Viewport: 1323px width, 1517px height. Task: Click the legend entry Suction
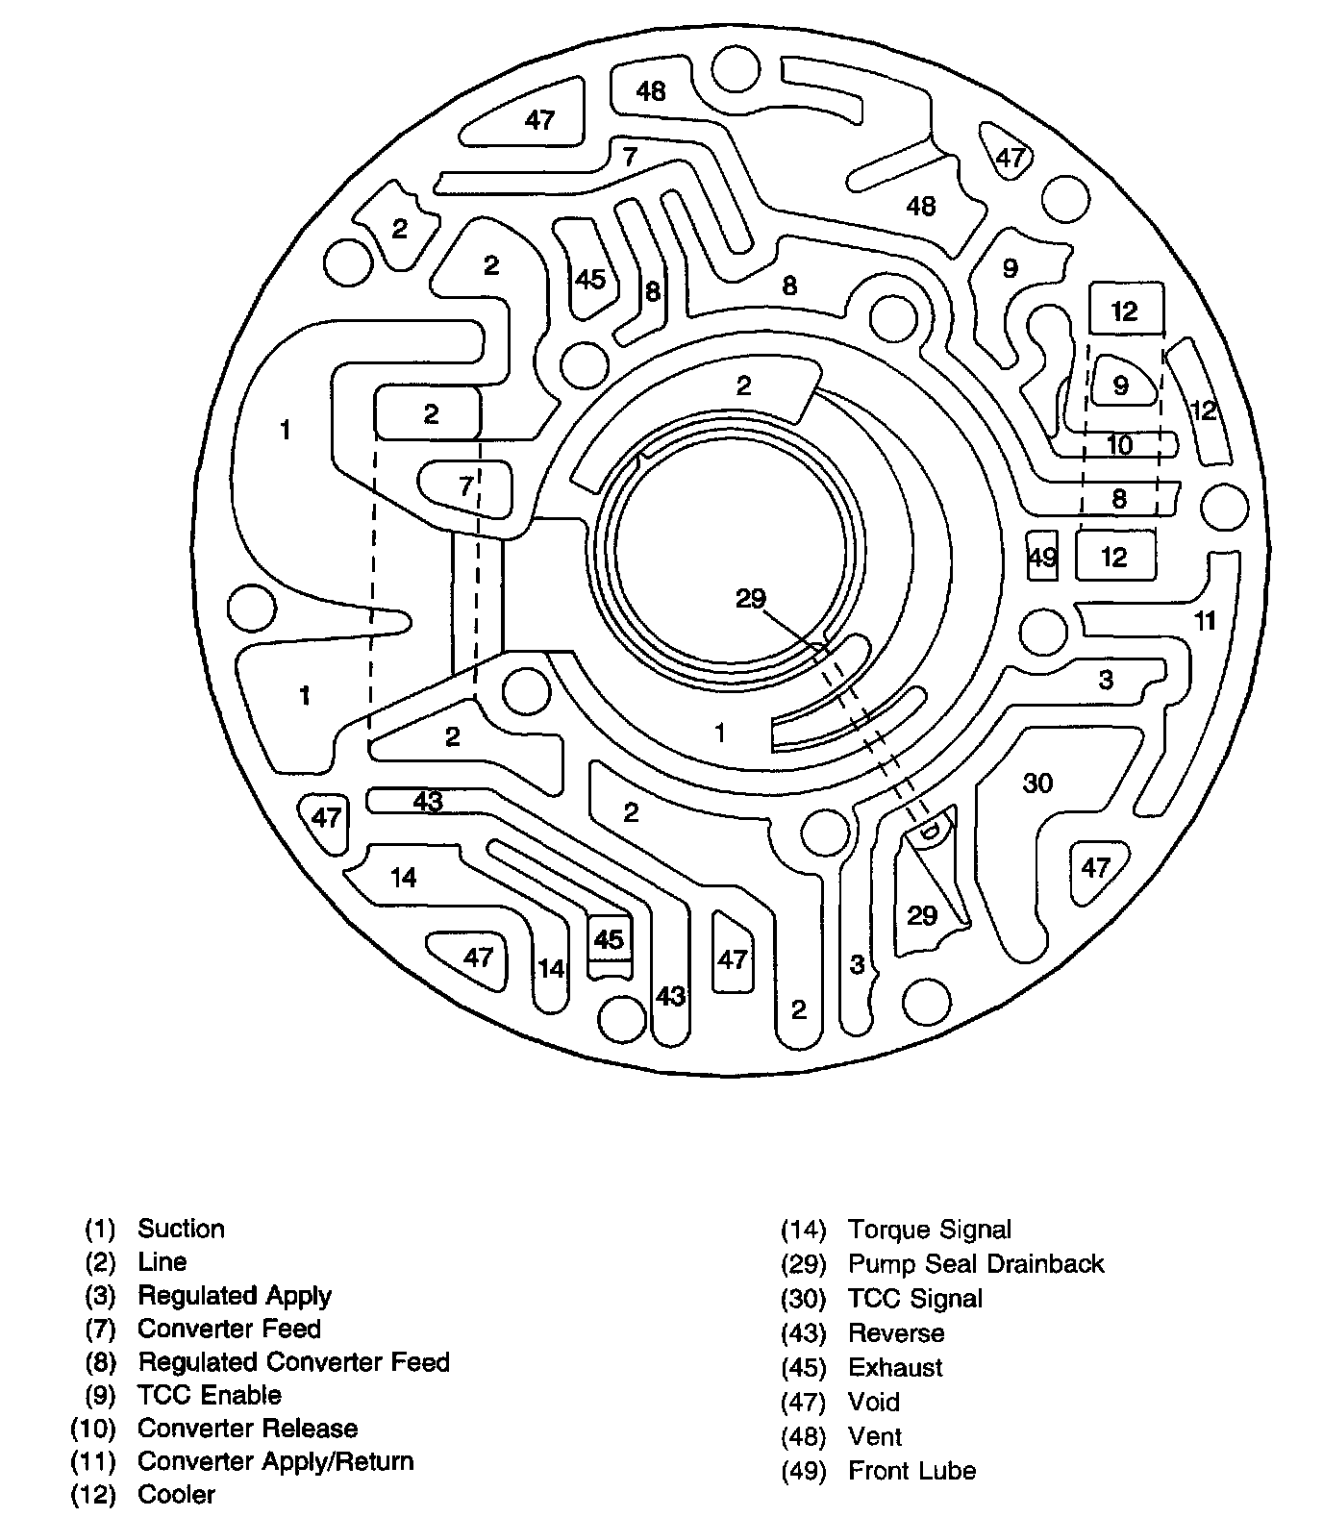[181, 1229]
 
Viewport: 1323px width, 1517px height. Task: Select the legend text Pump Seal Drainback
[975, 1263]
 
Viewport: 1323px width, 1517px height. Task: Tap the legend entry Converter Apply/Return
[275, 1461]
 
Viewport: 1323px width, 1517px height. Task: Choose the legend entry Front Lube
[911, 1471]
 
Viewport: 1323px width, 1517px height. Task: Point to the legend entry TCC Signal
[914, 1299]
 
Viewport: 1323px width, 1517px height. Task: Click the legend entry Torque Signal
[929, 1230]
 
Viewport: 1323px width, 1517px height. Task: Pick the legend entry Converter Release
[247, 1429]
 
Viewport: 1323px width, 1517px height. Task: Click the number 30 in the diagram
[1037, 783]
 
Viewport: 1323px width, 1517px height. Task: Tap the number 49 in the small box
[1042, 558]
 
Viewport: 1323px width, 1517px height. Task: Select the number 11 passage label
[1205, 621]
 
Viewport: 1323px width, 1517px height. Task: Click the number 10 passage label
[1119, 444]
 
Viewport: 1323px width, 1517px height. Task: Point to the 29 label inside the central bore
[750, 599]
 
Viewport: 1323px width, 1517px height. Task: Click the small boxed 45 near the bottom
[609, 938]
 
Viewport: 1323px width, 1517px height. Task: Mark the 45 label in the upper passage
[589, 279]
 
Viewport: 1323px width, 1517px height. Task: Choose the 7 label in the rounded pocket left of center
[466, 486]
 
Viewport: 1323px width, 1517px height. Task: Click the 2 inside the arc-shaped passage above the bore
[743, 385]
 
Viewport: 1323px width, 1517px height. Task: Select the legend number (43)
[803, 1333]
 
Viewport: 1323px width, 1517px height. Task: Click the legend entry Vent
[874, 1437]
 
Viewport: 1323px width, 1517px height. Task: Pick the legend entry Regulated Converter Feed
[293, 1362]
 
